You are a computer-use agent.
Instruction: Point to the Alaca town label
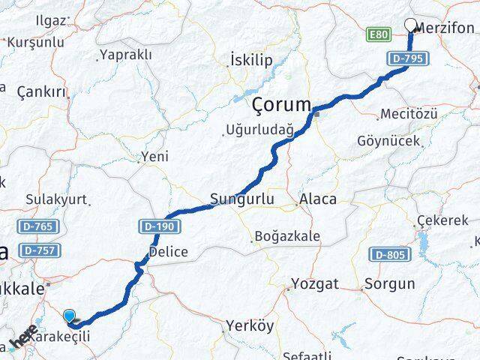coord(317,199)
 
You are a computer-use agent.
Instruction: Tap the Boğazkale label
coord(289,236)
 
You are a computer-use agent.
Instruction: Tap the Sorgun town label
coord(388,284)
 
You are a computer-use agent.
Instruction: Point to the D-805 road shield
coord(391,255)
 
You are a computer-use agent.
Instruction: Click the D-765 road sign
coord(34,226)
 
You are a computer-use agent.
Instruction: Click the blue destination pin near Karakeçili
coord(70,317)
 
